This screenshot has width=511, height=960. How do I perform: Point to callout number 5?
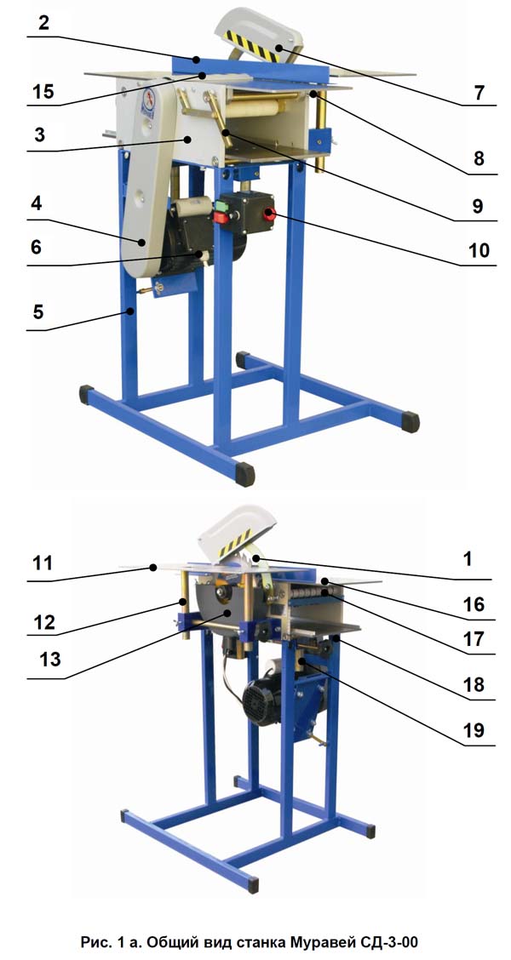[x=38, y=313]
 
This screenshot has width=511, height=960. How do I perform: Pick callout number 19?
[x=474, y=731]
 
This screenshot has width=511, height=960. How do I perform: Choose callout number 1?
[x=468, y=561]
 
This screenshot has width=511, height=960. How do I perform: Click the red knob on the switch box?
[x=269, y=214]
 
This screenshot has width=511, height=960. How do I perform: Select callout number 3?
[x=39, y=134]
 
